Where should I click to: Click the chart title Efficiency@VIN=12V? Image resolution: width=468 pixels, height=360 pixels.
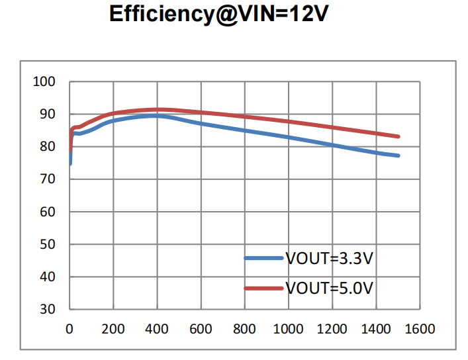(x=219, y=15)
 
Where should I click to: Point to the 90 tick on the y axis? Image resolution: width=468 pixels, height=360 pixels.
(x=48, y=114)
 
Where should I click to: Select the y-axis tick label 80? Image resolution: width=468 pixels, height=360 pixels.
(x=48, y=147)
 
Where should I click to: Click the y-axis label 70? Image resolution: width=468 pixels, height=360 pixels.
(x=48, y=179)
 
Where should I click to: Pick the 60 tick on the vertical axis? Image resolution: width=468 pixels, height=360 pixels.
(x=48, y=212)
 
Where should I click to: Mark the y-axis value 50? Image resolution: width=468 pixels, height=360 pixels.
(x=48, y=244)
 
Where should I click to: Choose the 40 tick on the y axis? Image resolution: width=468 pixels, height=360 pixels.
(x=48, y=277)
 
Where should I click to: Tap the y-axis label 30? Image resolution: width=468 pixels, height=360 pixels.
(x=48, y=309)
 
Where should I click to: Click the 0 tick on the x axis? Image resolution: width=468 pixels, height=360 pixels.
(x=70, y=329)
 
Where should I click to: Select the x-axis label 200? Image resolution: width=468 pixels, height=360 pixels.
(x=113, y=329)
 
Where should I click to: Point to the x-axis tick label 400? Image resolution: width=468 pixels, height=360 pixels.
(x=157, y=329)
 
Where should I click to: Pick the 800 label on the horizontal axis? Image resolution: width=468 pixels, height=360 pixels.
(x=245, y=329)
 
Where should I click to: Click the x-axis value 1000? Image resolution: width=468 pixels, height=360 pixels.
(x=289, y=329)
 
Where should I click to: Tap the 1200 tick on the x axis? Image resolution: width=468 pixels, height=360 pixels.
(x=332, y=329)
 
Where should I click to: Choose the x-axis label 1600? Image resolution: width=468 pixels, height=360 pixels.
(x=420, y=329)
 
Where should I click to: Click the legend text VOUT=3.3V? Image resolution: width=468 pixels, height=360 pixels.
(x=329, y=258)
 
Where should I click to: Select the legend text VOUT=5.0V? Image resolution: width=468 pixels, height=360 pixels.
(x=329, y=288)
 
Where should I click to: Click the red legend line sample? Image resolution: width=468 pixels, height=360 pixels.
(x=263, y=288)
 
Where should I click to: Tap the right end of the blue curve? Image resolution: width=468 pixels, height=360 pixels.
(x=398, y=156)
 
